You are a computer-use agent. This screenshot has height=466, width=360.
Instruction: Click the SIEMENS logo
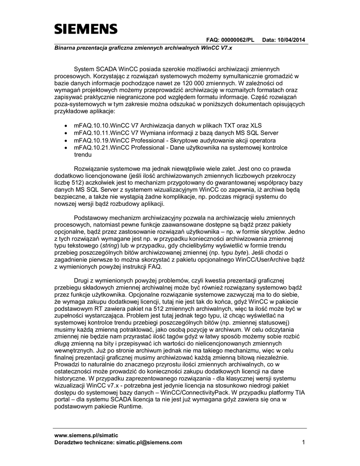(x=86, y=29)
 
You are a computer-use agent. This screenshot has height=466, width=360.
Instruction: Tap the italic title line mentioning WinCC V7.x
(x=143, y=47)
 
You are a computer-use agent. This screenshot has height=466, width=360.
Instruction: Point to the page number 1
(x=304, y=442)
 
